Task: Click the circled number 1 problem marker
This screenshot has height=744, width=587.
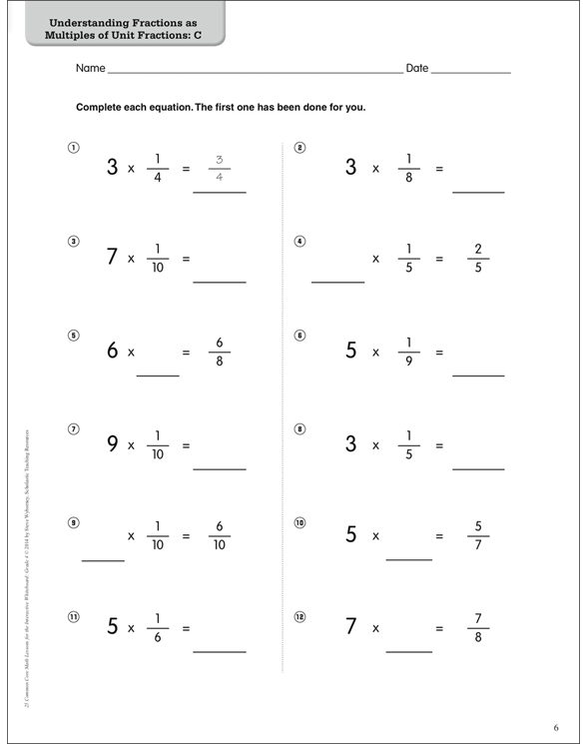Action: [x=73, y=148]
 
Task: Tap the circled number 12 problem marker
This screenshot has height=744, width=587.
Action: [x=299, y=616]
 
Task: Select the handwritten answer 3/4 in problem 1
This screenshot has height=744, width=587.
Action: [x=220, y=168]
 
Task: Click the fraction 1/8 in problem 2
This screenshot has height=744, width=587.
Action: [x=408, y=168]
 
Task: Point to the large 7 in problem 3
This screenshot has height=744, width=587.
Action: [x=113, y=257]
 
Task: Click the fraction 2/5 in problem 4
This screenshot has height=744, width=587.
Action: [x=478, y=258]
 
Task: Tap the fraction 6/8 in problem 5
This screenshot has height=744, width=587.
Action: [x=220, y=352]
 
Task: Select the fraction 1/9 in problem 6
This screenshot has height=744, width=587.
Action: [x=408, y=352]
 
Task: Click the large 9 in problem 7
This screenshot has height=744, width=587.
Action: [x=113, y=444]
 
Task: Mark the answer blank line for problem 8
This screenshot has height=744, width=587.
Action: [x=478, y=467]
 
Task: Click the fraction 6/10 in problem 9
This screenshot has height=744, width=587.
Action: [x=220, y=535]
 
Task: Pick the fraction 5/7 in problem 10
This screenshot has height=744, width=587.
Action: [x=478, y=535]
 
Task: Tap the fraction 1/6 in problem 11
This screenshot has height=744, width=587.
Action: [x=158, y=629]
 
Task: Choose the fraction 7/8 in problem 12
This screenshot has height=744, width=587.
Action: [x=478, y=628]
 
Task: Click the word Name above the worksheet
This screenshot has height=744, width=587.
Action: [x=90, y=69]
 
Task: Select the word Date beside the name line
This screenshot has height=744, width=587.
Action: [x=417, y=69]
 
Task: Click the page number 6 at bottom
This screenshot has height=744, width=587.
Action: [x=556, y=726]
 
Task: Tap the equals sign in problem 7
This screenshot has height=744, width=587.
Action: [x=186, y=445]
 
